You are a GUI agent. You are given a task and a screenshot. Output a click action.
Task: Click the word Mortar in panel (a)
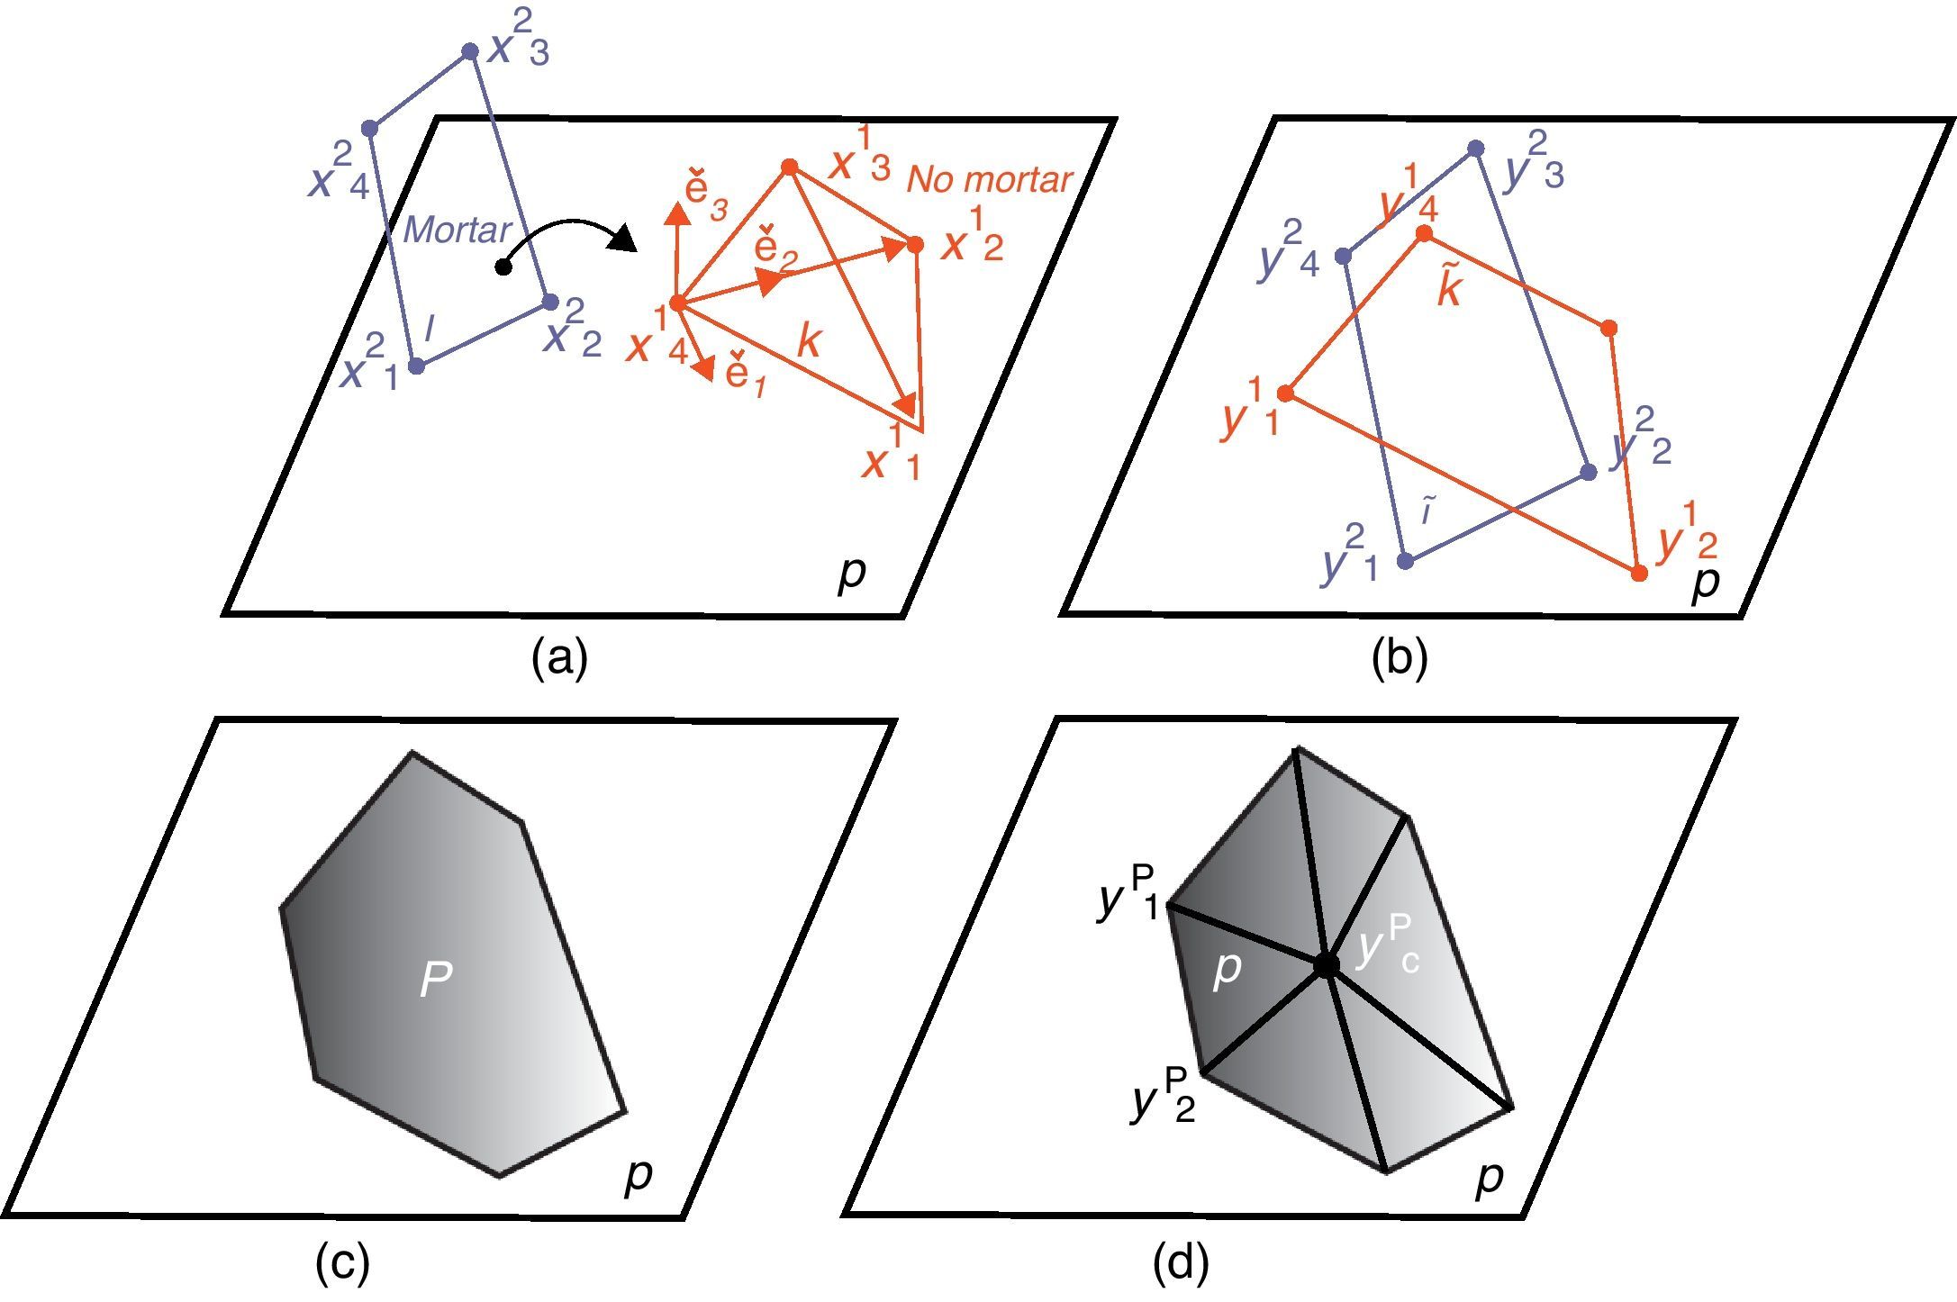point(457,230)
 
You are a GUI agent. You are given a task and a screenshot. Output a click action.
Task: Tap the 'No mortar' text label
point(989,180)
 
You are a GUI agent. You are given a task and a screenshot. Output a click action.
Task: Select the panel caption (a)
point(559,658)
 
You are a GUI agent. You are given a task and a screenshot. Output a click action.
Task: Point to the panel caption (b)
point(1399,658)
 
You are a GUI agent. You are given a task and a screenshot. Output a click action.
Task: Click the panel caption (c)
point(342,1263)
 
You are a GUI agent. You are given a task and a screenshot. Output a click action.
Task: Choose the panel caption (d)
point(1181,1263)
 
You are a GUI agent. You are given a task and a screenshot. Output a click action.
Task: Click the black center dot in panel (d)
point(1326,964)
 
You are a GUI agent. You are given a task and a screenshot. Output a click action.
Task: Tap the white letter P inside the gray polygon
point(436,979)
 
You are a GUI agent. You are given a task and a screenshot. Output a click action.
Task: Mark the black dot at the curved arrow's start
point(504,267)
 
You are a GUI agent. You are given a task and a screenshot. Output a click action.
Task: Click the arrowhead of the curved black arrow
point(623,240)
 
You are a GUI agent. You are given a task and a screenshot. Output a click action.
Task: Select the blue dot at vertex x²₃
point(469,51)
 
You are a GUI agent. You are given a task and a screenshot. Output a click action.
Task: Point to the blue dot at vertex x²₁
point(416,366)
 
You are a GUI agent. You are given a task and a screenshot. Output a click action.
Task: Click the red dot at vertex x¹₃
point(790,167)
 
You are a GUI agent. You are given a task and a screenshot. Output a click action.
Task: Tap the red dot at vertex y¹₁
point(1286,393)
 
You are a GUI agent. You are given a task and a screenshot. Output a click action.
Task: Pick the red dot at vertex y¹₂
point(1640,573)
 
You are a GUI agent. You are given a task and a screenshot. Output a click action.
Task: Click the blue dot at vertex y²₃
point(1475,148)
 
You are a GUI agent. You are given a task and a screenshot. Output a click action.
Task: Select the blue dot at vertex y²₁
point(1405,561)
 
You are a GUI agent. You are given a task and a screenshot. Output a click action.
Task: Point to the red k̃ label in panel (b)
point(1449,288)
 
